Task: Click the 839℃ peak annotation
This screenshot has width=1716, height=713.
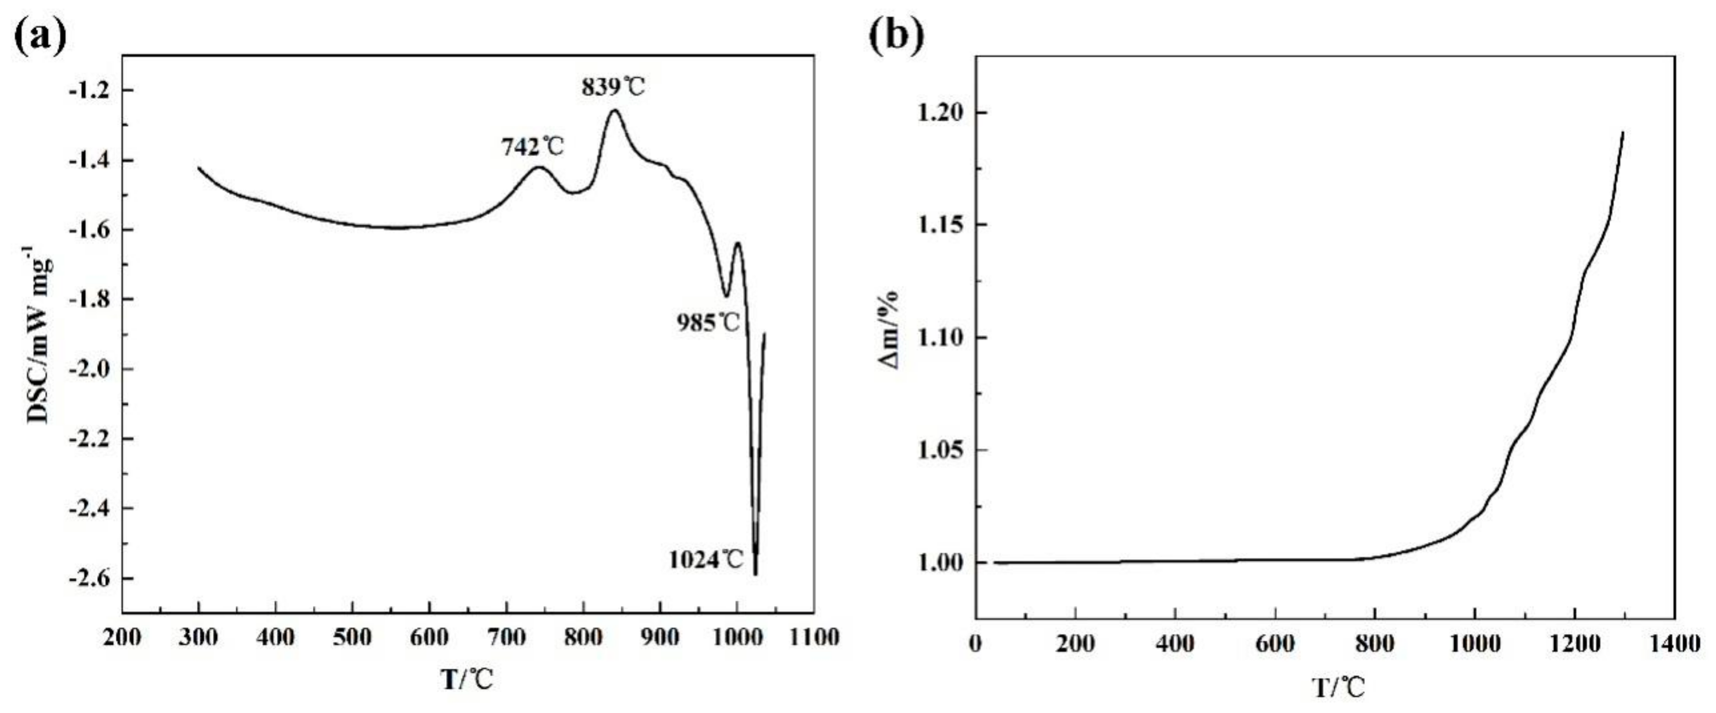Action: pos(613,87)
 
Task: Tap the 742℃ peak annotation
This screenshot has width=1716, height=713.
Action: pos(532,146)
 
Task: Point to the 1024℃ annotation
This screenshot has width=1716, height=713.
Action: pos(705,560)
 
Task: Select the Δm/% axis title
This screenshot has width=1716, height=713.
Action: pos(891,330)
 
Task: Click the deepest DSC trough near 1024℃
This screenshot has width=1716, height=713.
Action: pos(755,573)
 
